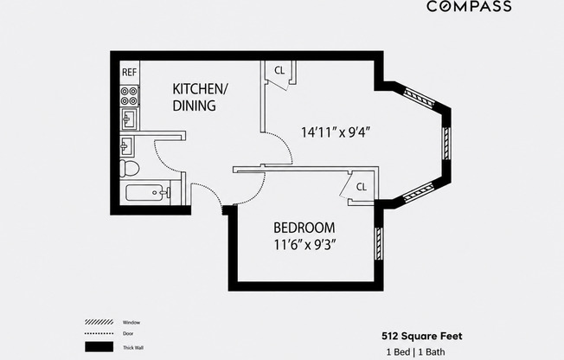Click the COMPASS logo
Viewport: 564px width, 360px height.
click(x=469, y=6)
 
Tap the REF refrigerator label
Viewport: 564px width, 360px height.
click(x=129, y=73)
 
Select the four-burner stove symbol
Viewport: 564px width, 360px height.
click(x=129, y=96)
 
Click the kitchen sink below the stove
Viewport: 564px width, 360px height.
click(x=129, y=119)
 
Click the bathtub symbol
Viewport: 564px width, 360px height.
click(x=147, y=193)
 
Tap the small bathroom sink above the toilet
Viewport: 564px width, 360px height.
click(x=127, y=146)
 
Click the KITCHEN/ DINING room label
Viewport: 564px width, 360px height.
click(x=200, y=97)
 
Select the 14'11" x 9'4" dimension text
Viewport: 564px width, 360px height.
click(x=336, y=132)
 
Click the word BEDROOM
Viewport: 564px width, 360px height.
click(x=304, y=228)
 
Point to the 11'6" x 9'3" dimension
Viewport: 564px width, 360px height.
click(x=305, y=245)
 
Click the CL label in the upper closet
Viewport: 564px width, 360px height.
click(x=279, y=71)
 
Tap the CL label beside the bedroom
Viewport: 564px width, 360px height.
click(x=362, y=187)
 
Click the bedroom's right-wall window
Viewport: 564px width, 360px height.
click(x=379, y=243)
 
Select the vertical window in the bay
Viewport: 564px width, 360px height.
click(x=446, y=144)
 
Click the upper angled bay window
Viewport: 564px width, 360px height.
click(x=419, y=97)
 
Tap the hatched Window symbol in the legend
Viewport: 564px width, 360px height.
click(x=99, y=322)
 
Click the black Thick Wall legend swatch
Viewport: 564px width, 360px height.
click(x=99, y=347)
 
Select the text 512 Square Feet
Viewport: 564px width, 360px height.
click(x=422, y=337)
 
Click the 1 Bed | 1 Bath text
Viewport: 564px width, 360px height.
click(x=416, y=351)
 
